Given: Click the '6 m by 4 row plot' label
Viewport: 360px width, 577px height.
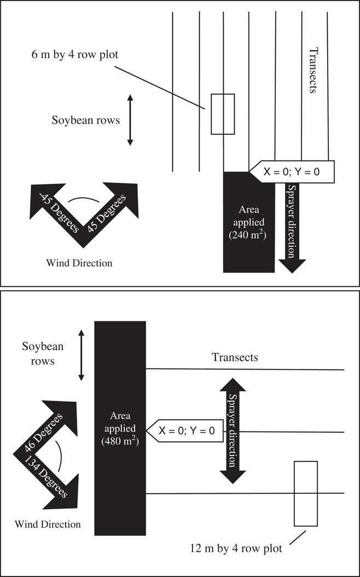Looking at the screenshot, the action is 75,55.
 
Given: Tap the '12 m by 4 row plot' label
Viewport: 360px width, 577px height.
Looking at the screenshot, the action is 236,549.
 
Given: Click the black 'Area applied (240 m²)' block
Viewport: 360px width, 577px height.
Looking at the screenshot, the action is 249,222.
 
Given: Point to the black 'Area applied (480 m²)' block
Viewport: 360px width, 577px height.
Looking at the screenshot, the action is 120,428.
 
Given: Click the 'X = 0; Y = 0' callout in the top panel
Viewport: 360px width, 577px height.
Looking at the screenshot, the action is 292,171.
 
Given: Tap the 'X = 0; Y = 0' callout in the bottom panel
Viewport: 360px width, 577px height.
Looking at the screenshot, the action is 185,430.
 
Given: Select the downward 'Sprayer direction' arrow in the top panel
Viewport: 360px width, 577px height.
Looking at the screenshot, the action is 292,228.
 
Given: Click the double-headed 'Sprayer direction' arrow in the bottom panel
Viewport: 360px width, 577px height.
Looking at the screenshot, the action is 233,430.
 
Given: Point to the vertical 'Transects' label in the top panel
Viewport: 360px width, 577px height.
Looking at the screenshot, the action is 312,70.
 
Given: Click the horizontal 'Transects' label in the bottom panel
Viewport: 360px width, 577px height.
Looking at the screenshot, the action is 235,357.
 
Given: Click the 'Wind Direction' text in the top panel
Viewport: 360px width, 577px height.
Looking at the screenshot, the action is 79,263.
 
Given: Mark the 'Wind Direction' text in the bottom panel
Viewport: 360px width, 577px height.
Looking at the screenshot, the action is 48,524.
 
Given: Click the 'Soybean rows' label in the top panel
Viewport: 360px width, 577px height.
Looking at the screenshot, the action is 86,120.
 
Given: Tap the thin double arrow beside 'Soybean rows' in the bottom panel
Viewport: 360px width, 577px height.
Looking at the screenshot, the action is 82,355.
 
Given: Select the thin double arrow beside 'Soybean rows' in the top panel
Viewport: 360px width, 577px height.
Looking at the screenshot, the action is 130,120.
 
